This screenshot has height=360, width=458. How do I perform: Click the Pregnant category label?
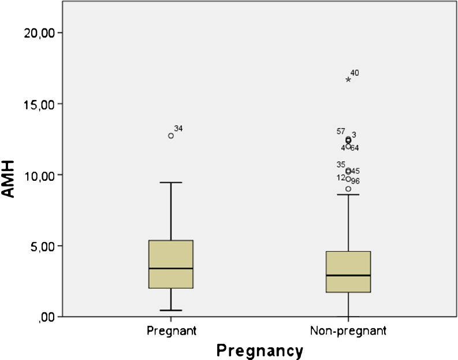(x=172, y=331)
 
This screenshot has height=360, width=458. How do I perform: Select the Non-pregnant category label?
(x=348, y=331)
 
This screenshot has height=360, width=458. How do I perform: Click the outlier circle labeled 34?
(x=171, y=136)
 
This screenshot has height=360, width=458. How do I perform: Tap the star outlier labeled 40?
(x=348, y=80)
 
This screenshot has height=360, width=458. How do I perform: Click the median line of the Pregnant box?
(x=171, y=269)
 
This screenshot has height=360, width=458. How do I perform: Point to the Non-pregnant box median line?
(x=348, y=275)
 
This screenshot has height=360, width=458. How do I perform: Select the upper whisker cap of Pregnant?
(x=171, y=183)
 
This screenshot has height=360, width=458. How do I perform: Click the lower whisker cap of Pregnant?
(x=171, y=310)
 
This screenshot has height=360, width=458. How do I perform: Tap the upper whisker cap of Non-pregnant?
(x=348, y=195)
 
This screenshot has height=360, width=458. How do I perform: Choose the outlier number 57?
(x=341, y=132)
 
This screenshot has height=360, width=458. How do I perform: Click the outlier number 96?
(x=356, y=181)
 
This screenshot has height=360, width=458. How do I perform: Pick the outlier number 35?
(x=341, y=165)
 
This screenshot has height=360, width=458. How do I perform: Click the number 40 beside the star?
(x=355, y=73)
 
